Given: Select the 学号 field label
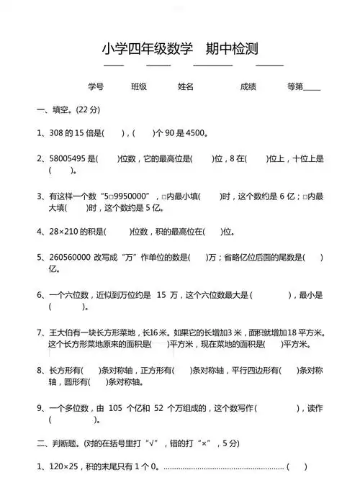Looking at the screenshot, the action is [x=96, y=86].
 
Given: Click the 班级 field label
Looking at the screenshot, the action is [x=139, y=86].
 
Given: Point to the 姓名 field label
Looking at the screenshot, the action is [x=186, y=86].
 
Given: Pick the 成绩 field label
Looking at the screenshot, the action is [x=248, y=86].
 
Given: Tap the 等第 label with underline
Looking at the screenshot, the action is [x=303, y=86].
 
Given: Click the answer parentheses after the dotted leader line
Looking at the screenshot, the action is [x=297, y=466].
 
